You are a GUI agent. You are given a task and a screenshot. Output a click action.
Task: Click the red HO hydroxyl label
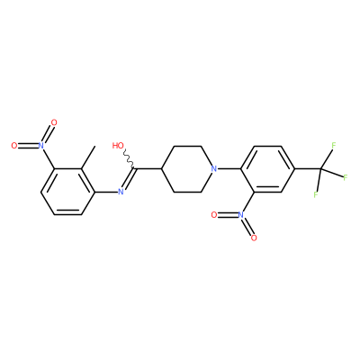118,146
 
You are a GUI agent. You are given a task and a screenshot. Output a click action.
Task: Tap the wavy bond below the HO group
130,159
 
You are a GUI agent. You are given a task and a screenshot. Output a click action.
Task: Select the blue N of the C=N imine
121,192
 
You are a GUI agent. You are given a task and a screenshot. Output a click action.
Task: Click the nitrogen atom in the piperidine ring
213,168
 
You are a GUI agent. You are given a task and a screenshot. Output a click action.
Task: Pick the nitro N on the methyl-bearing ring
40,146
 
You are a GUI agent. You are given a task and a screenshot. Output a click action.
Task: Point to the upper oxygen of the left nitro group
54,122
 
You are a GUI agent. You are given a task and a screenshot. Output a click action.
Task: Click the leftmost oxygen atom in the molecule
13,146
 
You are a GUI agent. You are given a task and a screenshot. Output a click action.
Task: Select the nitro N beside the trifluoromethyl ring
240,215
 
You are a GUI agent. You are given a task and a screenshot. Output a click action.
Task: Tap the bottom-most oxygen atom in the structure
254,238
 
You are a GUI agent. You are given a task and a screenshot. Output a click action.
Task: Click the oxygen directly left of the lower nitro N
214,215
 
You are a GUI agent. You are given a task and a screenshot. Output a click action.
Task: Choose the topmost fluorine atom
334,146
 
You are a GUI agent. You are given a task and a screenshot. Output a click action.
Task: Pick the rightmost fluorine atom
346,177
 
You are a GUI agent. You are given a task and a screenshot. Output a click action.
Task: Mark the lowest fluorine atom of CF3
316,194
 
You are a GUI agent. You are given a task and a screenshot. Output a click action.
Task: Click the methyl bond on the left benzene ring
88,157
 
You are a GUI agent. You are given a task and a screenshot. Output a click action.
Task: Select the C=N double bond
130,179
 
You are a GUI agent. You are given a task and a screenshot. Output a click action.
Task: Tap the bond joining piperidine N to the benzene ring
229,168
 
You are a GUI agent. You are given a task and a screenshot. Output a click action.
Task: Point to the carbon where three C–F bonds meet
321,169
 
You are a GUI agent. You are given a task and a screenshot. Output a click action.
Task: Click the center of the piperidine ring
188,169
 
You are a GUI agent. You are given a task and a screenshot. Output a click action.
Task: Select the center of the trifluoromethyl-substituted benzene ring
267,169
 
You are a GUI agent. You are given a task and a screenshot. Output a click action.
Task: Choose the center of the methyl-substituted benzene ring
67,192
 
